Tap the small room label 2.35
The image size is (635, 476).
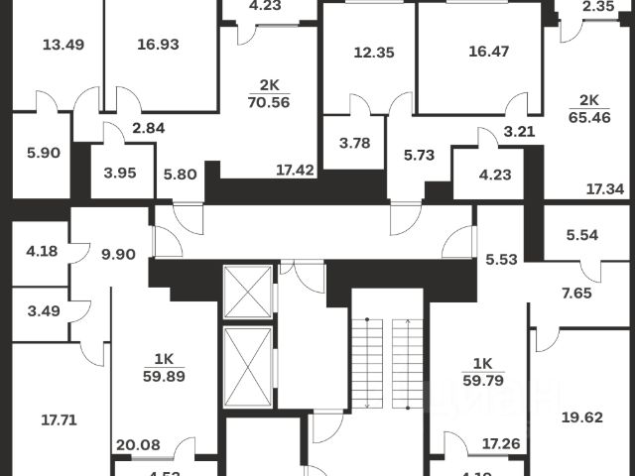point(598,7)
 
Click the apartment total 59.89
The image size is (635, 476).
point(163,376)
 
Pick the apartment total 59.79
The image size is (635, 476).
point(482,376)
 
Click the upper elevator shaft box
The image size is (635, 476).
point(247,293)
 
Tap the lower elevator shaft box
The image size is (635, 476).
point(247,365)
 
